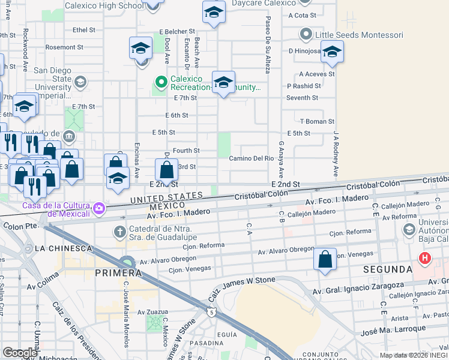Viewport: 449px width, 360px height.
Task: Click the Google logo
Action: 20,353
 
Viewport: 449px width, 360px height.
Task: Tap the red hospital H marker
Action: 426,259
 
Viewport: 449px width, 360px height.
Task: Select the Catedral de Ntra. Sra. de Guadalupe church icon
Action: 121,232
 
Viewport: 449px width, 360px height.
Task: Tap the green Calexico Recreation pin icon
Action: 160,81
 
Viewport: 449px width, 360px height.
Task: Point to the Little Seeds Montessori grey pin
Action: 306,34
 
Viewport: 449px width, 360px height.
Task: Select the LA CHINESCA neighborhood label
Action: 64,248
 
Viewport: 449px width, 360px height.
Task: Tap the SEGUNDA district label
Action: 388,270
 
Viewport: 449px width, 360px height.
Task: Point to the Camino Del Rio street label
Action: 252,158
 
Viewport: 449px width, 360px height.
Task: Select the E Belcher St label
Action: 178,32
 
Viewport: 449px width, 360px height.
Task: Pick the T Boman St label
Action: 317,121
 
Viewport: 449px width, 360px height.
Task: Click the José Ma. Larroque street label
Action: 394,331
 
